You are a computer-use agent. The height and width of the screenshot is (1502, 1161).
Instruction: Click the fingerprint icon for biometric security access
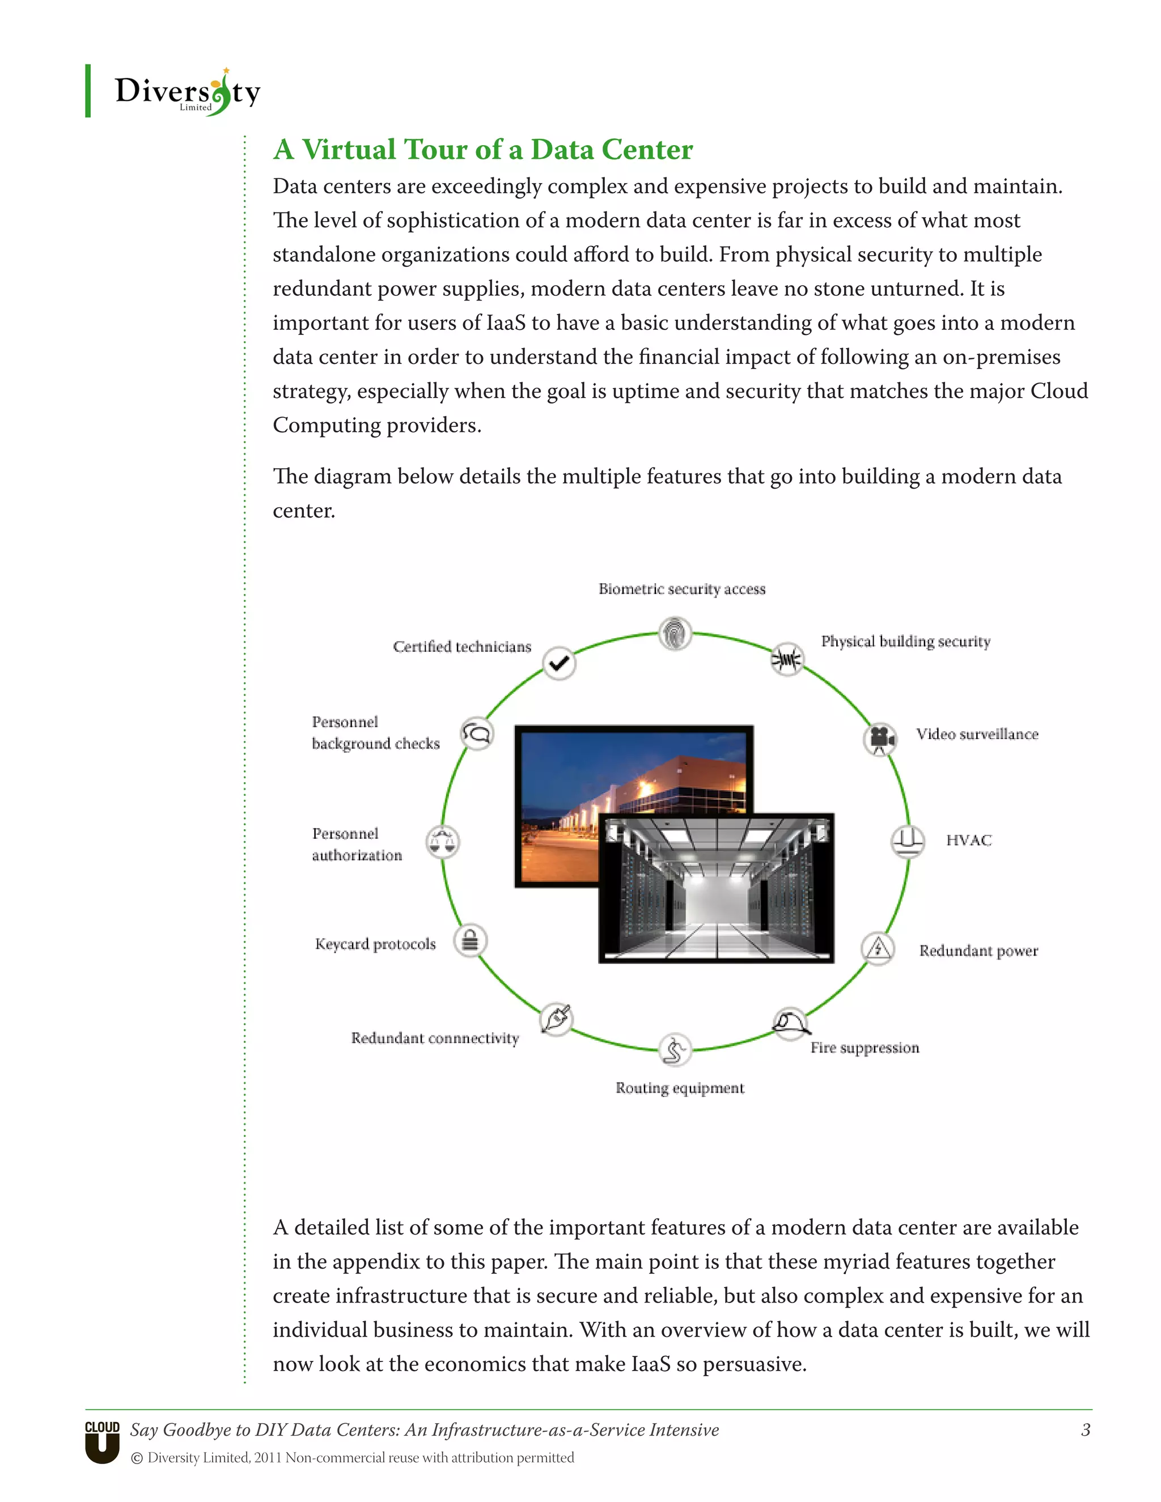click(675, 633)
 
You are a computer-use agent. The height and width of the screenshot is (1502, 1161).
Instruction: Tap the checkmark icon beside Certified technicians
click(559, 663)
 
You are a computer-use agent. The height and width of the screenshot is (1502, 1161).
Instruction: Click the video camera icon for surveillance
click(880, 739)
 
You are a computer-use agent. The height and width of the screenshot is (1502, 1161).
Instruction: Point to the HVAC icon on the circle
click(907, 841)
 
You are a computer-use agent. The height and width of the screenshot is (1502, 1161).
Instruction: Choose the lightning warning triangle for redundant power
click(878, 949)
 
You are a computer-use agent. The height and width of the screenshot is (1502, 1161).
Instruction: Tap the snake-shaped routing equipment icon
click(674, 1050)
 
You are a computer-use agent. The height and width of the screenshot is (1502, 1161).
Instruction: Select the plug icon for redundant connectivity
click(557, 1019)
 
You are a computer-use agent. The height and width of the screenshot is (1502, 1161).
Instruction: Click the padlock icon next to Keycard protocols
click(471, 940)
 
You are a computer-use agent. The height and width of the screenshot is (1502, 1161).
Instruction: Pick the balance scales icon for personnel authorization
click(442, 841)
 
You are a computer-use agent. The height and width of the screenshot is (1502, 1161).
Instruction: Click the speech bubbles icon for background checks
click(477, 734)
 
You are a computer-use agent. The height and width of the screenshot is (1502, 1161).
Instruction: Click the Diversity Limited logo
click(187, 93)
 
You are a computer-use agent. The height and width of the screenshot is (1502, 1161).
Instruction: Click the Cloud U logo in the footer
click(103, 1442)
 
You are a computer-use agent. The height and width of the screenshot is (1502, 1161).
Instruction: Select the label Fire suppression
click(865, 1047)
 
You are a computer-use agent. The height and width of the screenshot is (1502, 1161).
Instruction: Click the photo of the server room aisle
click(716, 888)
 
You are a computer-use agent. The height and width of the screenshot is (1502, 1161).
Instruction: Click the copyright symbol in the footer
click(137, 1458)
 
